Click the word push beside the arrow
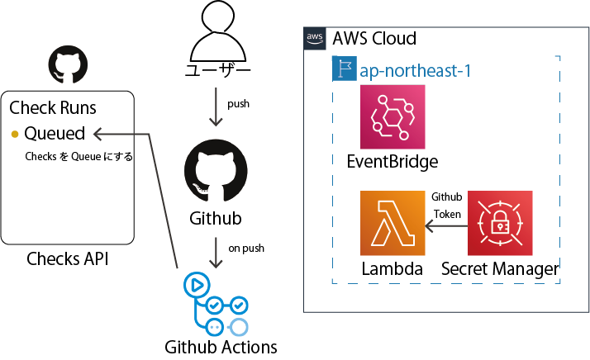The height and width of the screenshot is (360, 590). coord(238,105)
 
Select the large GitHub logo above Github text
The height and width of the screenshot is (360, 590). coord(216,171)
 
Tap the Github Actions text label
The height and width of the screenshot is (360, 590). coord(221,346)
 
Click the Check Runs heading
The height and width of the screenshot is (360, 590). coord(53,108)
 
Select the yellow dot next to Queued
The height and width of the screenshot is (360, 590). coord(15,134)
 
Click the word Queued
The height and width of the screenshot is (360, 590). coord(55,134)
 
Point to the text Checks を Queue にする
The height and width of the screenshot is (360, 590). coord(79,156)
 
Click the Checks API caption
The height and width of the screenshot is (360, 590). coord(68,259)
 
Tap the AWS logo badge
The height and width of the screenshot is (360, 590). coord(315,37)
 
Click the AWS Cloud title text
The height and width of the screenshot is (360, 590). coord(374,38)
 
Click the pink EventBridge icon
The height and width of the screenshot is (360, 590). coord(392,116)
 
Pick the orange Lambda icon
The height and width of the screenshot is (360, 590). coord(392,223)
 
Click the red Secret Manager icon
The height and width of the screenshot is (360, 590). coord(500,223)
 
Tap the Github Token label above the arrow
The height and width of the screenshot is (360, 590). coord(446,205)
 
